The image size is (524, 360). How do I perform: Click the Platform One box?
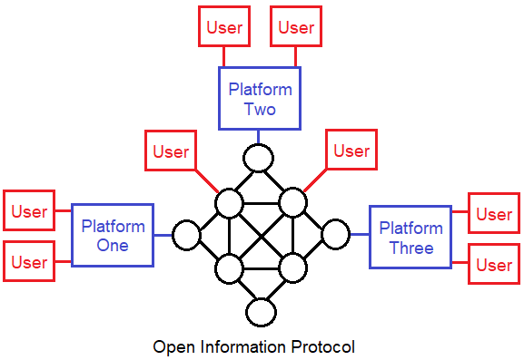click(x=113, y=235)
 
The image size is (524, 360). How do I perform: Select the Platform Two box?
click(x=260, y=99)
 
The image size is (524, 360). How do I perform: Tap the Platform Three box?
click(x=410, y=237)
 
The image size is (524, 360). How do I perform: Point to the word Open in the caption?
click(x=172, y=347)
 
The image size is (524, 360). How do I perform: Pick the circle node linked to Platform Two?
click(x=259, y=158)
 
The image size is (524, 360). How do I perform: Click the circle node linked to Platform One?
click(x=186, y=235)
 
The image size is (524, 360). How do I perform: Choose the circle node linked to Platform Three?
click(x=335, y=234)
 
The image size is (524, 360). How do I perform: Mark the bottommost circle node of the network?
click(x=261, y=312)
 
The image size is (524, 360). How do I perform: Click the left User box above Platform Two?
click(x=224, y=27)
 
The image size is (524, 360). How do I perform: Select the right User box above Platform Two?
click(x=296, y=27)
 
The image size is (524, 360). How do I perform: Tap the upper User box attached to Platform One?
click(x=29, y=210)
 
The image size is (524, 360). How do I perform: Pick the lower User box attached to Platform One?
click(x=29, y=262)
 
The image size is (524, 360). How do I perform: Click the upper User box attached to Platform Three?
click(x=494, y=214)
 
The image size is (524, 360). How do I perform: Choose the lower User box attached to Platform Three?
click(x=494, y=265)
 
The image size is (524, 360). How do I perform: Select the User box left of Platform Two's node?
click(x=170, y=151)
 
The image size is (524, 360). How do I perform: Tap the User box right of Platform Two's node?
click(x=351, y=151)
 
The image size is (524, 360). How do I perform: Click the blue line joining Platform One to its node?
click(x=163, y=235)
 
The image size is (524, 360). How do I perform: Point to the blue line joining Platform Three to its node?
click(x=359, y=235)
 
